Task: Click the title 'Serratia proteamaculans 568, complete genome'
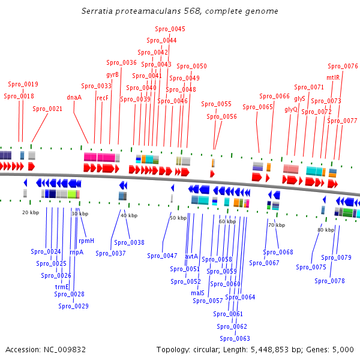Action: (179, 11)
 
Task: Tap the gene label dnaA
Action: (74, 97)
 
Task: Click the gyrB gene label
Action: (112, 74)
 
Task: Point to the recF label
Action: (103, 97)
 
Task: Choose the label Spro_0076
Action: (343, 66)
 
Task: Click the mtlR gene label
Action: (333, 77)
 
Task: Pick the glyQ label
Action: (291, 109)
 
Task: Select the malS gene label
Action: (197, 293)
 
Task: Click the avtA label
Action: (191, 256)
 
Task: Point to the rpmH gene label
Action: (86, 241)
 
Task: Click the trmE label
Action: (62, 287)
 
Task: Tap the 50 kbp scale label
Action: (178, 218)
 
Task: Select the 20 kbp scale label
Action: (31, 212)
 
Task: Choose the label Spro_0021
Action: (47, 109)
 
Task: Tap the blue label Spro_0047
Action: (162, 256)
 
